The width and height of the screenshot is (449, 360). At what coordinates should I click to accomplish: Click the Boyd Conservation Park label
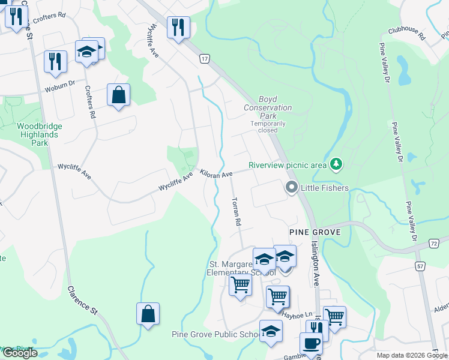[268, 107]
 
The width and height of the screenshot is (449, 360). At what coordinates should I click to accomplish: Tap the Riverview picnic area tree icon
[337, 163]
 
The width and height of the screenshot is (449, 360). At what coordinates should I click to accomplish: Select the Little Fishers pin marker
[292, 188]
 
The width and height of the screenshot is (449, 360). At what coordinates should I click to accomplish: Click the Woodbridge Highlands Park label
[40, 134]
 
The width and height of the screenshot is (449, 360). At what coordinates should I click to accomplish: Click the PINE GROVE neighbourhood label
[315, 232]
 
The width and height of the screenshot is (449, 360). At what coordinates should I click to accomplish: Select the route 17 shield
[205, 59]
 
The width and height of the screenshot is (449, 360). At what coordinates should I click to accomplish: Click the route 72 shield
[434, 243]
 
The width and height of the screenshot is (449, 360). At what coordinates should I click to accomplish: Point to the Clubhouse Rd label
[406, 33]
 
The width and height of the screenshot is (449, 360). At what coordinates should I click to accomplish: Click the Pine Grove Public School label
[215, 335]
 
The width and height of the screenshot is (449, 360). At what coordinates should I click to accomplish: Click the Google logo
[20, 353]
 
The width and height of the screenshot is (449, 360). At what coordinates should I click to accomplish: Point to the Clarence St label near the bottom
[82, 301]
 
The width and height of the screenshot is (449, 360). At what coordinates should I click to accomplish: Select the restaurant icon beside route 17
[178, 28]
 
